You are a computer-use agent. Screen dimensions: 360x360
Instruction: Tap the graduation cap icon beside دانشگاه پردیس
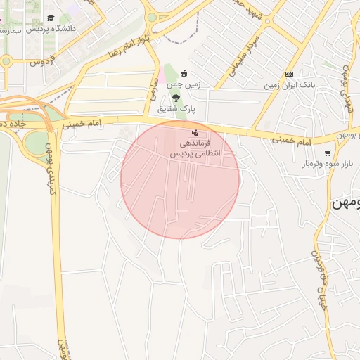pos(50,18)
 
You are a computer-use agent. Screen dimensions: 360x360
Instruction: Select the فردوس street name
pos(42,62)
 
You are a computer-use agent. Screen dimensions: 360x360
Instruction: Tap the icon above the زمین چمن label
pos(184,73)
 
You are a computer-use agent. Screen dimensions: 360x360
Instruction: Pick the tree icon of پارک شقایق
pos(175,98)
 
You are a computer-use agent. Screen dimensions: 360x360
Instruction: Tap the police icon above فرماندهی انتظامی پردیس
pos(195,132)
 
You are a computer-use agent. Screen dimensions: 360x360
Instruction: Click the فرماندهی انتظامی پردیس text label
pos(196,148)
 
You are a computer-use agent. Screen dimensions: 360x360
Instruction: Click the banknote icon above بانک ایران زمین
pos(289,74)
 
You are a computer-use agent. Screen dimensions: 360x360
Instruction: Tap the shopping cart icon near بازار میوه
pos(328,153)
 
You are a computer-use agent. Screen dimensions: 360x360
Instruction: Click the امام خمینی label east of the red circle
pos(291,141)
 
